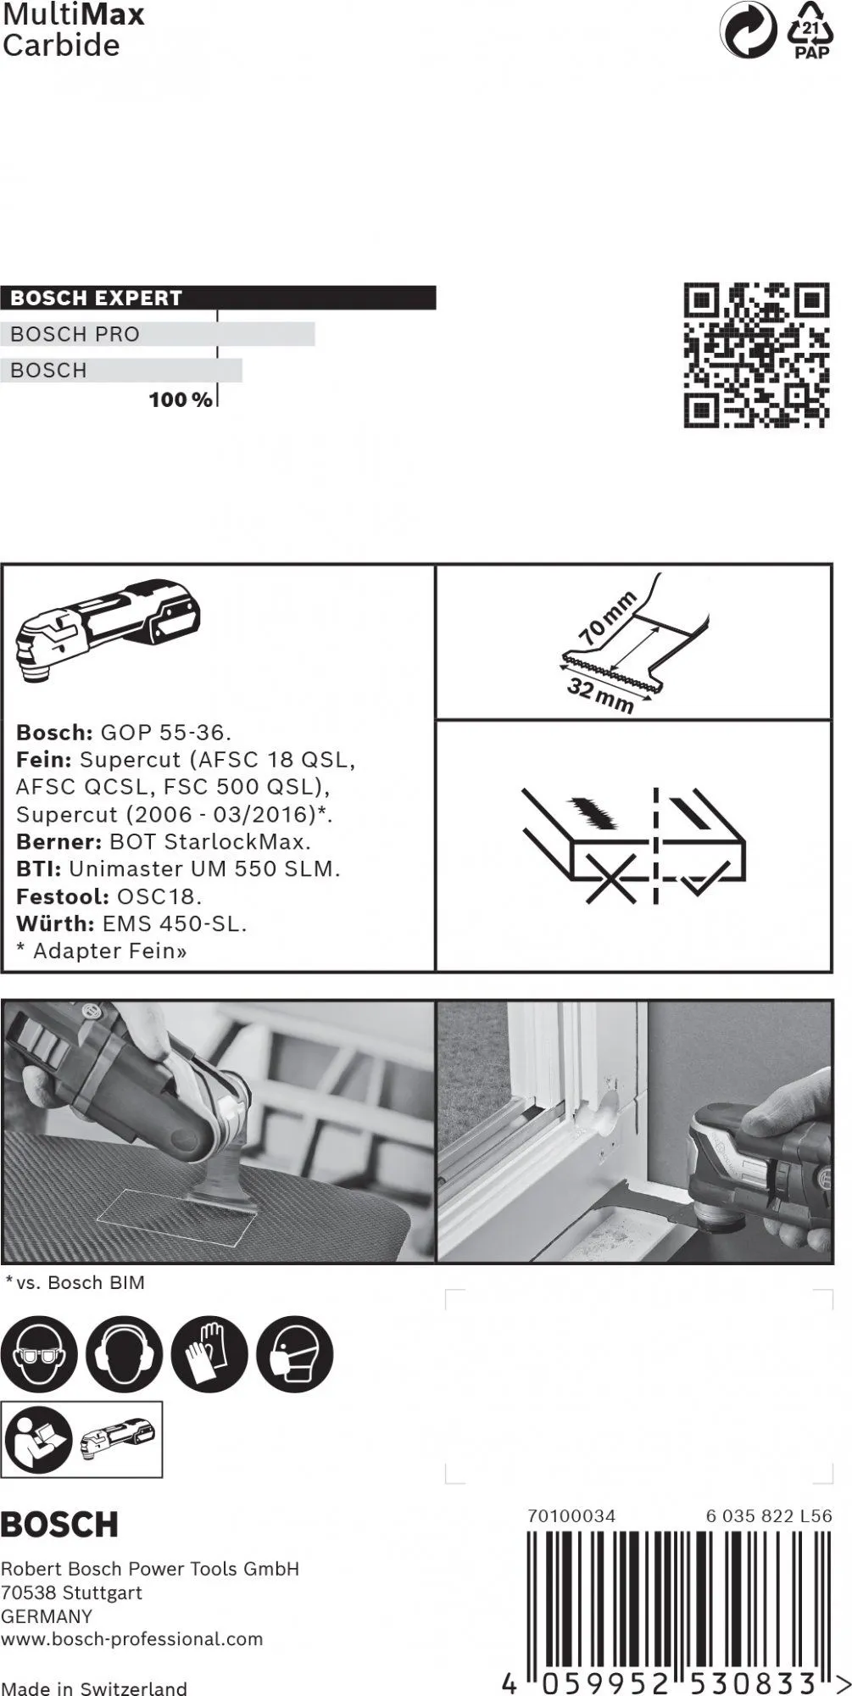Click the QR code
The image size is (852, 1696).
(756, 354)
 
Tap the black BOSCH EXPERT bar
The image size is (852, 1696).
(218, 298)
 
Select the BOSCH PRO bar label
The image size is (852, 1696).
(75, 334)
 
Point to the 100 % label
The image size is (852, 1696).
(181, 399)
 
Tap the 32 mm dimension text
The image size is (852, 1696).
(600, 696)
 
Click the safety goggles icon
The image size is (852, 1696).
(39, 1354)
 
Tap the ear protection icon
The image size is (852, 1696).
(124, 1354)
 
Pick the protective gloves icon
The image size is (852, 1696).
(209, 1354)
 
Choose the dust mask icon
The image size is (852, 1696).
(294, 1354)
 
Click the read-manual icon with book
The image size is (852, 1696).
(39, 1439)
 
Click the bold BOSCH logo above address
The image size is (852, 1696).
(59, 1525)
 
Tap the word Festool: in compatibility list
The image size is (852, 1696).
(62, 896)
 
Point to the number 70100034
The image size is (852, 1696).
(571, 1515)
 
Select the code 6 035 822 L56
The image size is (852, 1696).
(768, 1515)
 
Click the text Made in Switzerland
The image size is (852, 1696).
(93, 1688)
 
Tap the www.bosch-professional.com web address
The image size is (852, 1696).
(131, 1639)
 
